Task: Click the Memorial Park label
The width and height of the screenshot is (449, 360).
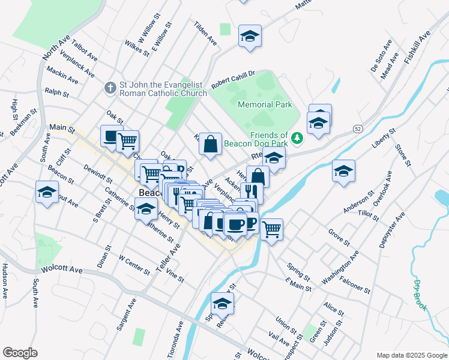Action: coord(265,104)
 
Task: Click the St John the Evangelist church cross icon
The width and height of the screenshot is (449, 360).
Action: coord(110,88)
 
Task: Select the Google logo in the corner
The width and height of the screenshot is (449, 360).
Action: coord(20,353)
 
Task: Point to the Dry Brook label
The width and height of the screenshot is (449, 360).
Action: coord(421,295)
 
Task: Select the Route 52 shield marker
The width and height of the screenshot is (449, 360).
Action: coord(357,129)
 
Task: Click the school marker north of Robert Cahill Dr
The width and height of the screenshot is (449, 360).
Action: coord(250,37)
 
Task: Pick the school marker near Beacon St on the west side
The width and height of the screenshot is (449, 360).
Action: coord(47,193)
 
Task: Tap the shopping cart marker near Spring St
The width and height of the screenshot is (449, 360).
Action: coord(272,229)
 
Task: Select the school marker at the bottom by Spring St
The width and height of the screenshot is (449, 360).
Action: coord(222,304)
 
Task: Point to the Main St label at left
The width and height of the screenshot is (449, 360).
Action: coord(61,128)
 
